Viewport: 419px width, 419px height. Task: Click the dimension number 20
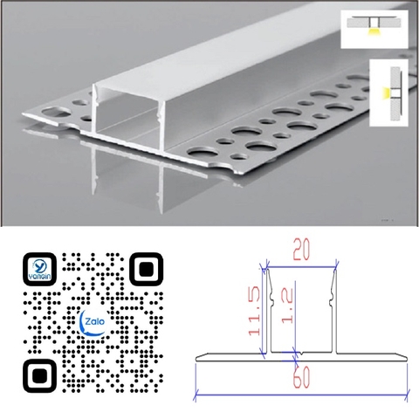tap(301, 249)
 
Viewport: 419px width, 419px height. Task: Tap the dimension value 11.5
tap(254, 311)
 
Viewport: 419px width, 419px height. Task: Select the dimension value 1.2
tap(287, 307)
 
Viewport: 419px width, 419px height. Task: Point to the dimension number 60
tap(302, 377)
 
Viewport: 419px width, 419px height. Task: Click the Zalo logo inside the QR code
tap(93, 322)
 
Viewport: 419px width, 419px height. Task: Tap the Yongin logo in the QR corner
tap(39, 269)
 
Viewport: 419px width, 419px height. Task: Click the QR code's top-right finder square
tap(146, 269)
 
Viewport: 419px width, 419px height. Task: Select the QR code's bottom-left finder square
tap(39, 375)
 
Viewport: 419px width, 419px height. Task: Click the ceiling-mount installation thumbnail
tap(374, 29)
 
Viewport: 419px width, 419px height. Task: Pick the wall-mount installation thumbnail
tap(388, 93)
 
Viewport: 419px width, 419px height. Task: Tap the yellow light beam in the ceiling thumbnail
tap(373, 32)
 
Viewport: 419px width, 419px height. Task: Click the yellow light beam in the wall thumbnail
tap(385, 93)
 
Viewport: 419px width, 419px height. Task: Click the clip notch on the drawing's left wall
tap(272, 299)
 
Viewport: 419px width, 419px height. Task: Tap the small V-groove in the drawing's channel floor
tap(302, 354)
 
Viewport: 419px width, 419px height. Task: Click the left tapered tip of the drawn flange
tap(196, 359)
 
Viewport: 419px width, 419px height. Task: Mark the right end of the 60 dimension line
tap(408, 395)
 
